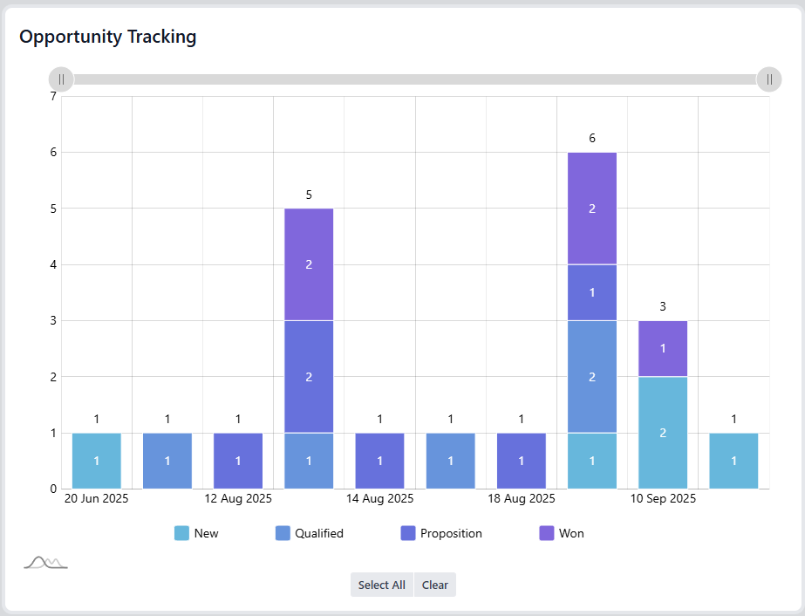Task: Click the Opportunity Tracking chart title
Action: [x=108, y=37]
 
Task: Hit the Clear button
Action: [x=434, y=585]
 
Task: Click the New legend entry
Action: [x=196, y=533]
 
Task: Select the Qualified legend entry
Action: [x=309, y=533]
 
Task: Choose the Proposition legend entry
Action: [x=440, y=533]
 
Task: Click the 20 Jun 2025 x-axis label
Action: [x=96, y=499]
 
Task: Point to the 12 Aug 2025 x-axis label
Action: [x=238, y=499]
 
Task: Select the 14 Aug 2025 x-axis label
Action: [x=379, y=499]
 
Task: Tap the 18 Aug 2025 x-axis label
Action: [x=521, y=499]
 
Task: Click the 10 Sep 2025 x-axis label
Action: [x=663, y=499]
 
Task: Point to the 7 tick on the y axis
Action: [x=53, y=96]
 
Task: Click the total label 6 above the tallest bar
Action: [x=592, y=138]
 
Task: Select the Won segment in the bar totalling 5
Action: [x=309, y=264]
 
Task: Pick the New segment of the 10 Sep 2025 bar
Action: [x=663, y=432]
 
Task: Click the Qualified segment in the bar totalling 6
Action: [x=592, y=376]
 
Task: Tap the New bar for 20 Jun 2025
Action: [x=96, y=460]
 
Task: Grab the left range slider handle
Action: [x=61, y=79]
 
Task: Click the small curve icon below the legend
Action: [x=45, y=563]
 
